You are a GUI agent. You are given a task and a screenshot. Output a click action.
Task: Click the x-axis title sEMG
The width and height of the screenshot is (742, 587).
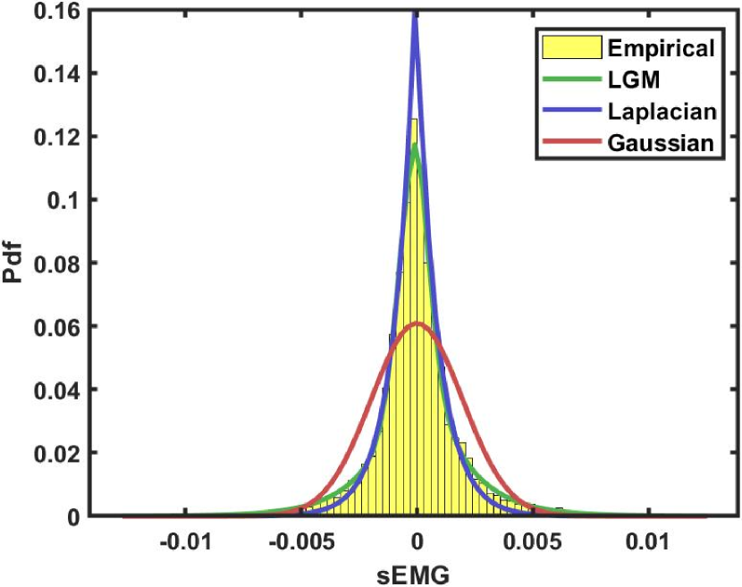416,573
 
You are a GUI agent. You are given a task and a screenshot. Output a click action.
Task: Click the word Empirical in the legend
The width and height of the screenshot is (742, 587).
660,48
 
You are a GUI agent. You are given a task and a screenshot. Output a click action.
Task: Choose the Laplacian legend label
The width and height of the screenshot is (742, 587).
659,112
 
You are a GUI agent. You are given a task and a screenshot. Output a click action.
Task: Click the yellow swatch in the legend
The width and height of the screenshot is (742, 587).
569,48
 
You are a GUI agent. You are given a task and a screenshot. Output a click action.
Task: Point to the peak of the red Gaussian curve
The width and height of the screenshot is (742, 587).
417,323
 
